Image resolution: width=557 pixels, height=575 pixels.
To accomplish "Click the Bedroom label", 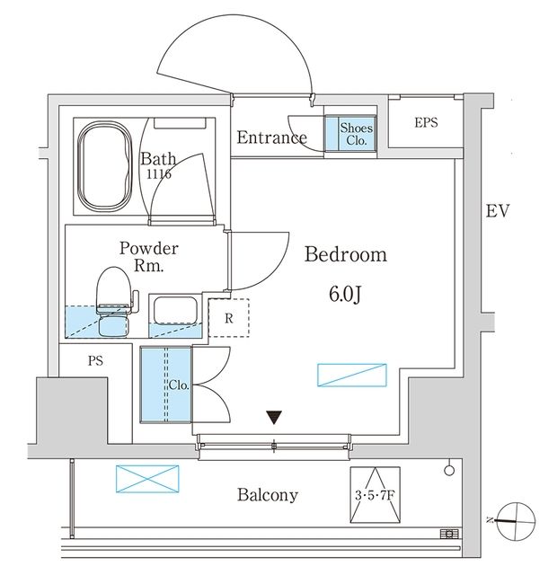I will click(346, 255).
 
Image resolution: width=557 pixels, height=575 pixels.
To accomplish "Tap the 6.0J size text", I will click(346, 294).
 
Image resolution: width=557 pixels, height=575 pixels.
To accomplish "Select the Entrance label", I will click(271, 137).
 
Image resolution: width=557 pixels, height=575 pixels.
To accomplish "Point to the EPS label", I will click(426, 122).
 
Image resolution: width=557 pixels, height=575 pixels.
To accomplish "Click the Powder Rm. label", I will click(149, 257).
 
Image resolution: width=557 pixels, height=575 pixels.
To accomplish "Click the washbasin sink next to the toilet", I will click(175, 310).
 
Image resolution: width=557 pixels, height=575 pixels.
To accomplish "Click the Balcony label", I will click(267, 495).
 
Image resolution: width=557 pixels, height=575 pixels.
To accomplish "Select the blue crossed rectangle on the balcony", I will click(143, 479).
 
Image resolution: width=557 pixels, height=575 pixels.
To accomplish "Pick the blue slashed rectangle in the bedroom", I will click(351, 376).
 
